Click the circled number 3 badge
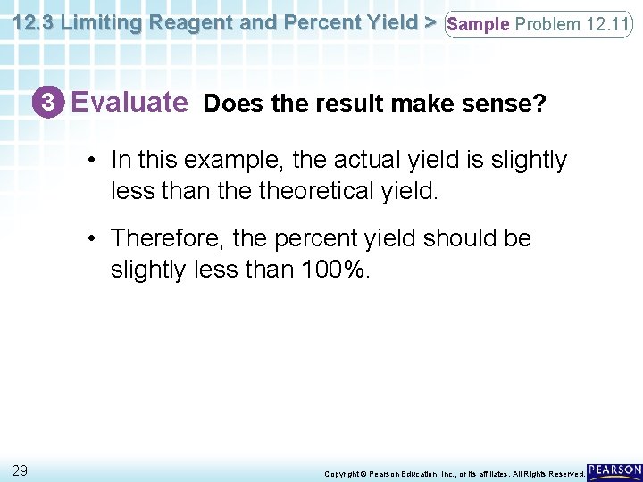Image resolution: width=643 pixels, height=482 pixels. click(x=54, y=104)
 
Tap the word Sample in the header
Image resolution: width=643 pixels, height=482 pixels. click(x=479, y=24)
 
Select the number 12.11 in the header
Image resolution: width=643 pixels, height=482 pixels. click(x=607, y=24)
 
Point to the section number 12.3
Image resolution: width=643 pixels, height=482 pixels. click(x=32, y=23)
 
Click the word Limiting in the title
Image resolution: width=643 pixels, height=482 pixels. click(x=102, y=23)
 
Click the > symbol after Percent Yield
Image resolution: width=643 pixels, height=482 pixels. click(x=430, y=23)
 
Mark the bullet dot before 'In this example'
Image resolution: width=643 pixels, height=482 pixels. click(x=92, y=161)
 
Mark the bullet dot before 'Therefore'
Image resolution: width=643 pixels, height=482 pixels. click(x=92, y=239)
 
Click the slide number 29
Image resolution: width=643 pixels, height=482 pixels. click(x=20, y=470)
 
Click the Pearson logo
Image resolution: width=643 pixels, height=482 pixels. click(x=614, y=470)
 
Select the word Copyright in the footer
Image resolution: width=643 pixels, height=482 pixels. click(x=342, y=473)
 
